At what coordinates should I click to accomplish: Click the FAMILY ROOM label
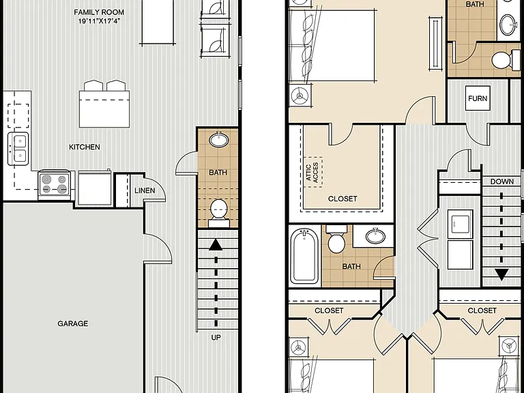point(99,12)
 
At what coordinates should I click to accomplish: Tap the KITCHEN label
point(85,147)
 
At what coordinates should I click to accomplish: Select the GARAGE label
point(73,323)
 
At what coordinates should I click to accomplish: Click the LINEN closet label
point(145,190)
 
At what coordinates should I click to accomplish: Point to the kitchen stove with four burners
point(55,184)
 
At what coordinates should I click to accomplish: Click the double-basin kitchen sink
point(18,149)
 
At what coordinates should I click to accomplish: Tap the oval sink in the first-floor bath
point(218,140)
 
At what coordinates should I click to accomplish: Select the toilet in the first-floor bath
point(219,213)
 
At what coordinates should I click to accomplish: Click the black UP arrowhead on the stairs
point(216,245)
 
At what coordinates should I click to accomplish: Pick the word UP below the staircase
point(216,338)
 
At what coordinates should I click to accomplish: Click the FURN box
point(478,98)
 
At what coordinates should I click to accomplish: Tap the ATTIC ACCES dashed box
point(313,172)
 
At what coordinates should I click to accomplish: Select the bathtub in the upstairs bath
point(304,256)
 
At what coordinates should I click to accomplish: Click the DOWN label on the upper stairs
point(502,181)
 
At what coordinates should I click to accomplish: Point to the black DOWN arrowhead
point(501,275)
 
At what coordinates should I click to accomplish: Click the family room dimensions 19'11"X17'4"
point(99,21)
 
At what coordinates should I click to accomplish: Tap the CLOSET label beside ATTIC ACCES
point(343,199)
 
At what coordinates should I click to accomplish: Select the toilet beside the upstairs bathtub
point(336,239)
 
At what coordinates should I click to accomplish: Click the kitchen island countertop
point(104,109)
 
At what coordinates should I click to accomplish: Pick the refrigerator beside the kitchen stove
point(94,188)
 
